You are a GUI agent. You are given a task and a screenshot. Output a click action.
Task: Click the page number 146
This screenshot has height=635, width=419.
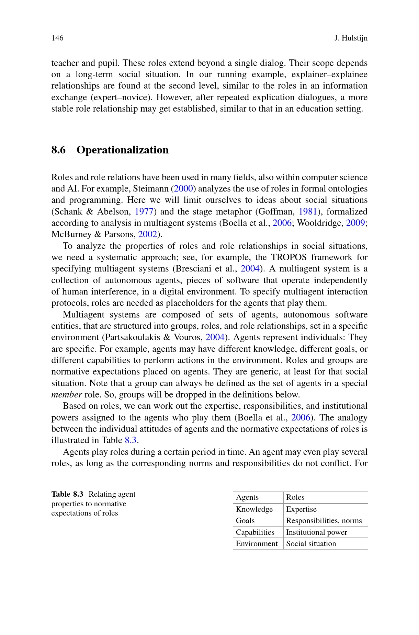click(x=57, y=38)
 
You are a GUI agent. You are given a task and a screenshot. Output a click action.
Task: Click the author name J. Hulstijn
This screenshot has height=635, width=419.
click(x=351, y=38)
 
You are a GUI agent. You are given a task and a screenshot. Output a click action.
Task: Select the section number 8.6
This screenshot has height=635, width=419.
click(x=58, y=150)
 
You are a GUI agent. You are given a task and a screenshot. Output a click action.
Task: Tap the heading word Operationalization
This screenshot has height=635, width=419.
click(x=123, y=150)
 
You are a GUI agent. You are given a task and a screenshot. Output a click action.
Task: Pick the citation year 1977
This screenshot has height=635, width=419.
click(x=144, y=211)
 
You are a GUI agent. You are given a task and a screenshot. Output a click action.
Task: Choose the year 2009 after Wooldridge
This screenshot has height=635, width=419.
click(x=355, y=223)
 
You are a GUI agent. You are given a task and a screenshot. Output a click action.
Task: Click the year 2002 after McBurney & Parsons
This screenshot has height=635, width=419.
click(x=147, y=234)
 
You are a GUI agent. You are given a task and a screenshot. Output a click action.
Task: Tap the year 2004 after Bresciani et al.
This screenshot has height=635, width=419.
click(x=250, y=269)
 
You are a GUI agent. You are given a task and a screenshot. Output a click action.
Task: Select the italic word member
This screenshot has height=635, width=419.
click(x=67, y=395)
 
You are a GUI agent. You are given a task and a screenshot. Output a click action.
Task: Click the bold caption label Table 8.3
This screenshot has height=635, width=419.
click(x=67, y=494)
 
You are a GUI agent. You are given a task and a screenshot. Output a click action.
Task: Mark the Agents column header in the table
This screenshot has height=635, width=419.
click(x=247, y=497)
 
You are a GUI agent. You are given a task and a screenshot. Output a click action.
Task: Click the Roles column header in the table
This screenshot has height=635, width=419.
click(x=295, y=497)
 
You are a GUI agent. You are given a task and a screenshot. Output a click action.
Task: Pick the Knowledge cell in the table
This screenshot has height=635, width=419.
click(x=254, y=509)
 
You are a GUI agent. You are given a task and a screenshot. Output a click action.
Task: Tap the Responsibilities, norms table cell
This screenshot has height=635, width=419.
click(x=324, y=521)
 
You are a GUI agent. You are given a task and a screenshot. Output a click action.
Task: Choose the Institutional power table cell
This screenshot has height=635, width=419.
click(x=316, y=532)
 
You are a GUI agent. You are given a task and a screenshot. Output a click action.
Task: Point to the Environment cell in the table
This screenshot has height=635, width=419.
click(x=257, y=544)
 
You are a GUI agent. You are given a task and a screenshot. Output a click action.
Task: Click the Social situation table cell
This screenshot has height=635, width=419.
click(x=311, y=544)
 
